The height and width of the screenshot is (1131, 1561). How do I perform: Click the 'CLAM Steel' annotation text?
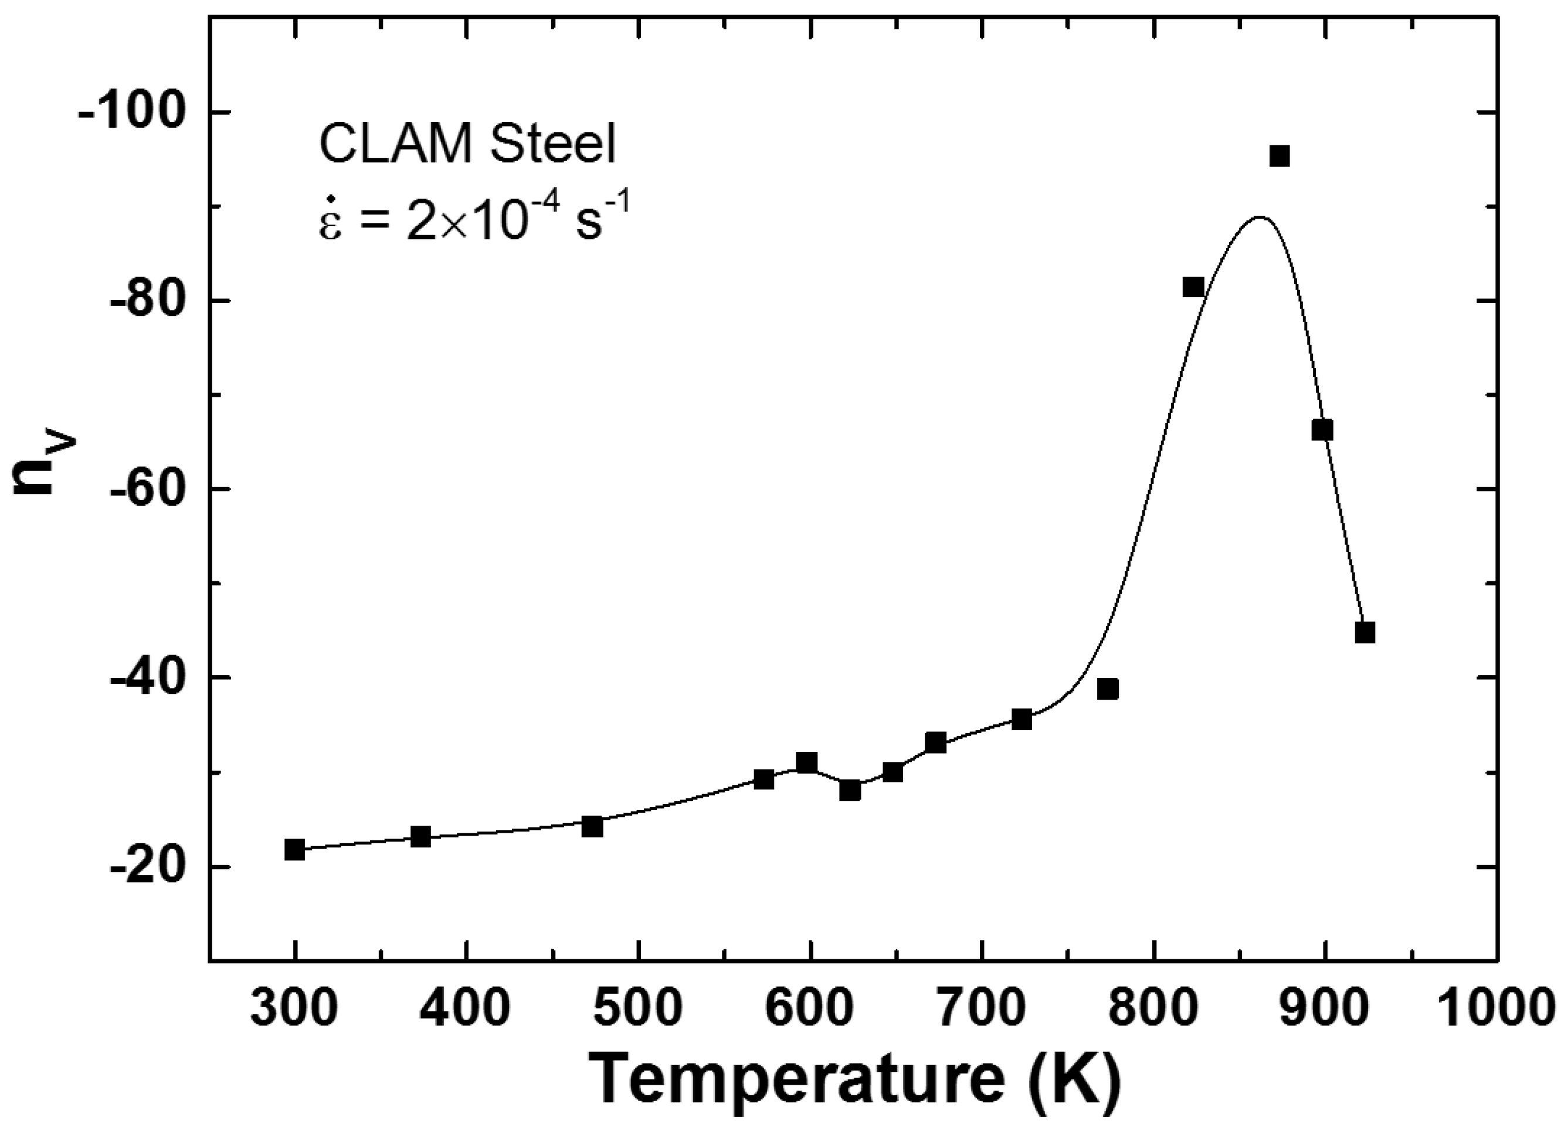pos(467,145)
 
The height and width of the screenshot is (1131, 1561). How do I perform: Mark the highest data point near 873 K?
pos(1280,156)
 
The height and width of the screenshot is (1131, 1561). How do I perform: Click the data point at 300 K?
pos(294,850)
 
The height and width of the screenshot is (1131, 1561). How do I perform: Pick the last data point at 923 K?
pos(1365,632)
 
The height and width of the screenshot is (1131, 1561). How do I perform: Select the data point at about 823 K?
pos(1193,287)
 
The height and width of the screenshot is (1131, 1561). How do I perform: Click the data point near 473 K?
pos(592,826)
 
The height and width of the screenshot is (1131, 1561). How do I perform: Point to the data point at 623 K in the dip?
pos(850,791)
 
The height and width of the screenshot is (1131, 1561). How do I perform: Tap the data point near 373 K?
pos(420,837)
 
